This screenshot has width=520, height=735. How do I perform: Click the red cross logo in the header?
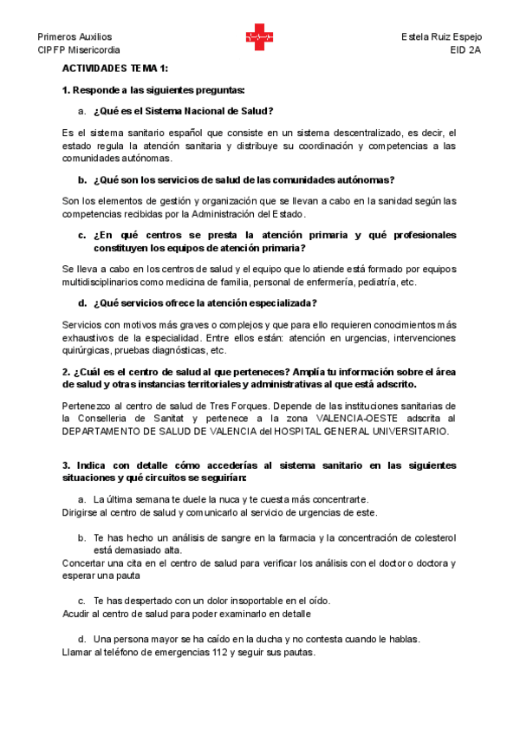(x=259, y=37)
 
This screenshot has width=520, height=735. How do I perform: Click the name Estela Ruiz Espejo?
(x=442, y=37)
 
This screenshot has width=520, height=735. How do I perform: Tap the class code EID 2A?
(x=465, y=50)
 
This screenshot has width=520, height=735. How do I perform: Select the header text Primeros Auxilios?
(x=75, y=37)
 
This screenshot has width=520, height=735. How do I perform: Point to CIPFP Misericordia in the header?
(x=80, y=50)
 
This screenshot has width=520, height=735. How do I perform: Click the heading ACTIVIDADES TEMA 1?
(x=116, y=68)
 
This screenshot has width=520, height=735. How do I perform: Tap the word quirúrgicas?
(x=86, y=350)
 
